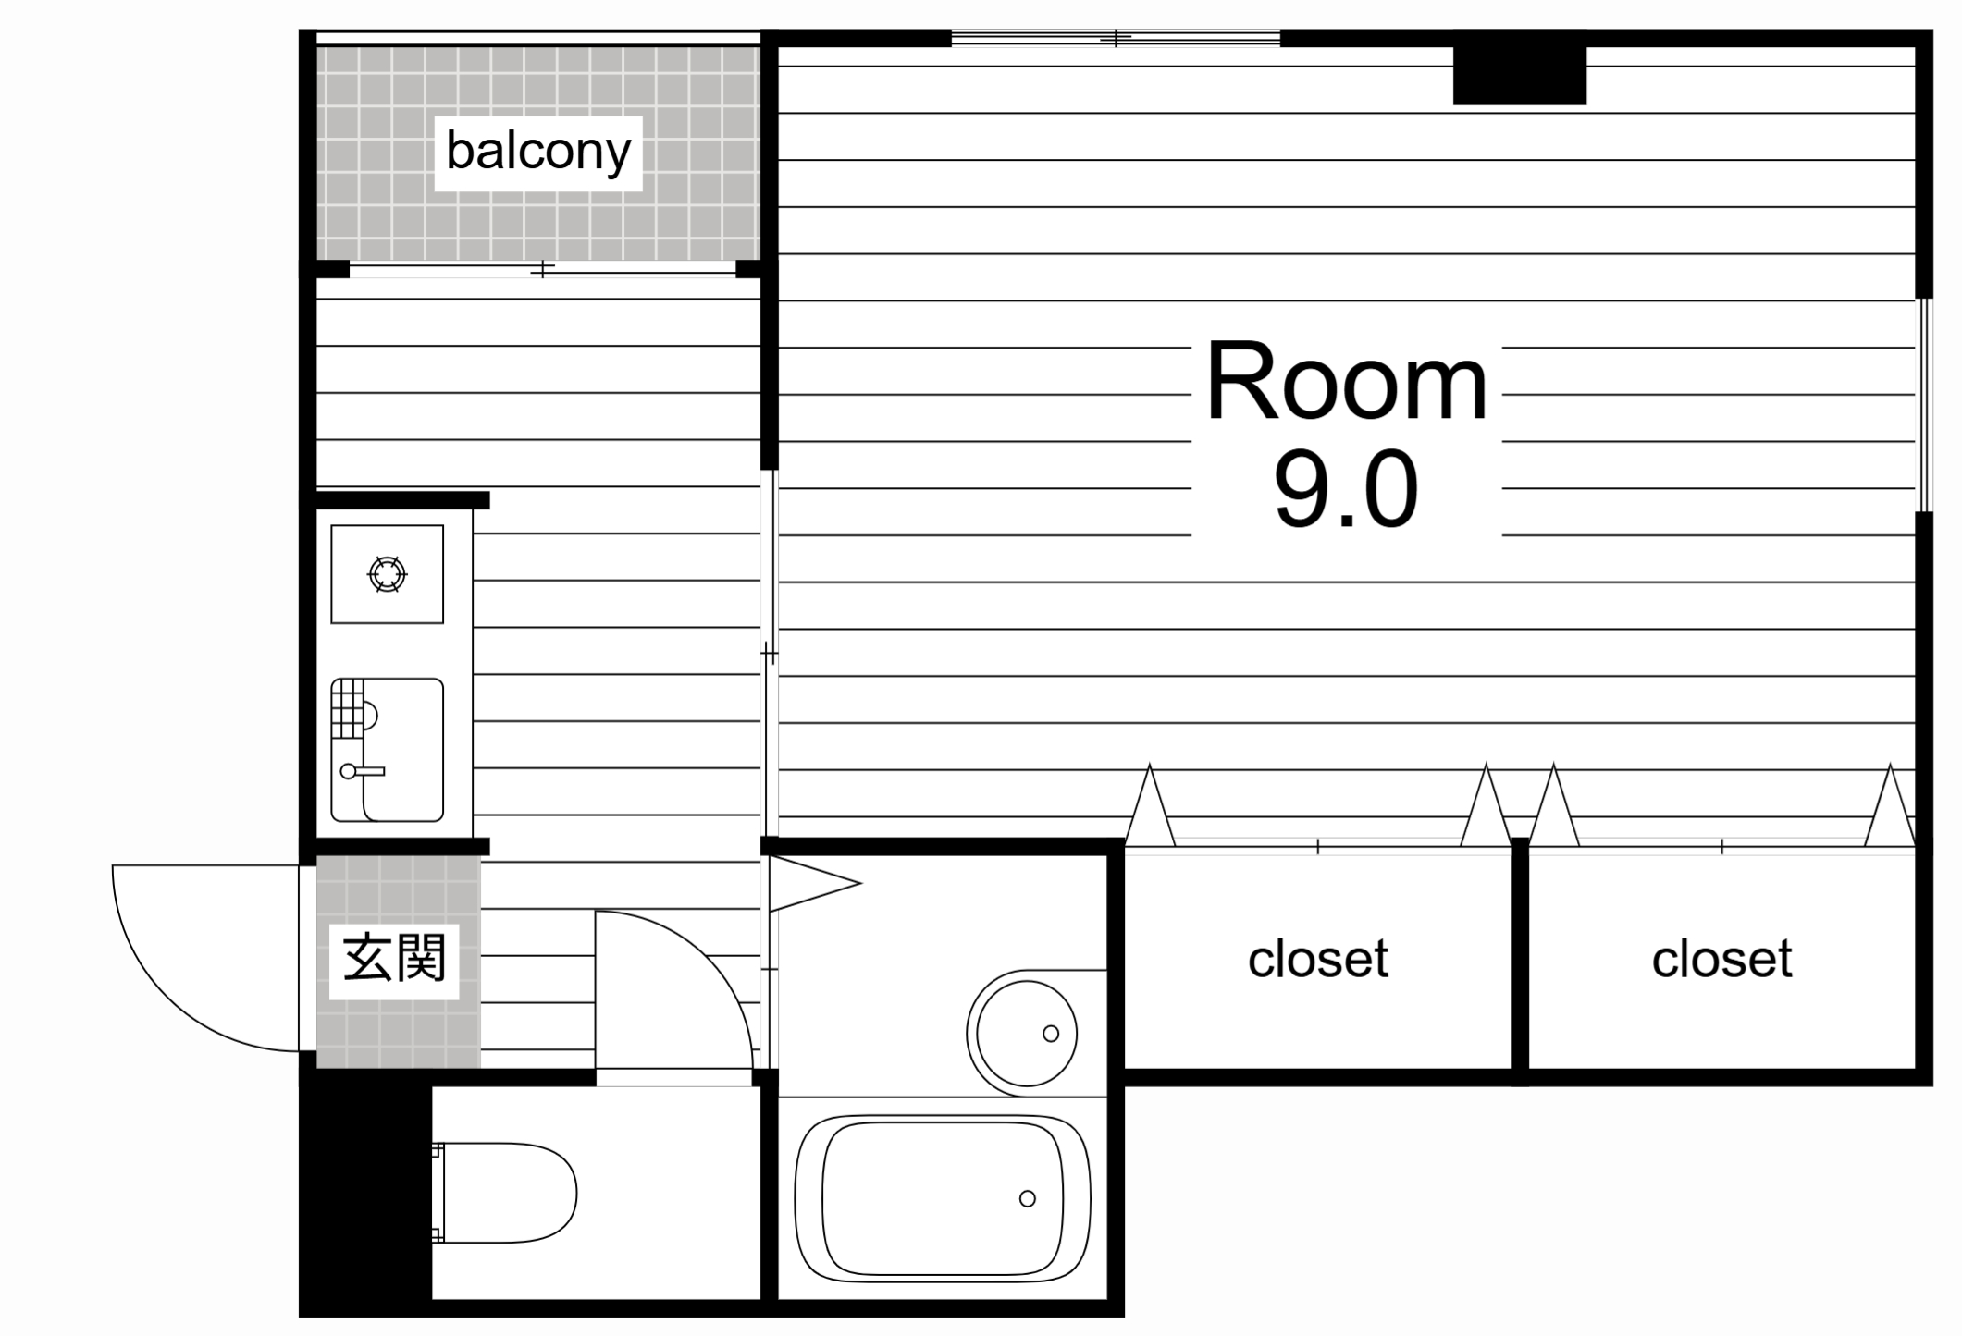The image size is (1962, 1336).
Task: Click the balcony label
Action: pos(538,152)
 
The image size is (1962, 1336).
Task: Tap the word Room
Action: pos(1346,382)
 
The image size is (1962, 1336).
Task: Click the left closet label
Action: pos(1317,959)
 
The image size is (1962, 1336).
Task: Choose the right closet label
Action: pos(1721,959)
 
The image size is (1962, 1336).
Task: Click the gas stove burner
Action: pos(388,574)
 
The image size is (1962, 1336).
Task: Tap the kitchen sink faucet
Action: pos(361,770)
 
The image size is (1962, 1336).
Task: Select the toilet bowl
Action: pos(504,1193)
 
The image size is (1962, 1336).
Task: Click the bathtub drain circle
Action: pos(1027,1198)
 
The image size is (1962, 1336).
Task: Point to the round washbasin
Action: pos(1022,1033)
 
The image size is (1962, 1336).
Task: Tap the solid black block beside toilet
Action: pos(365,1193)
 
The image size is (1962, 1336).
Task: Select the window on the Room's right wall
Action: pos(1924,404)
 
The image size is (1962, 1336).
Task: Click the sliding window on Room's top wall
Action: pos(1116,38)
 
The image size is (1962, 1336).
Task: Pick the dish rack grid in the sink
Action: pos(348,708)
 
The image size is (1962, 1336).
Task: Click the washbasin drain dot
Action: pos(1051,1034)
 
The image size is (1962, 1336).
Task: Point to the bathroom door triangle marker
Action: pos(814,883)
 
